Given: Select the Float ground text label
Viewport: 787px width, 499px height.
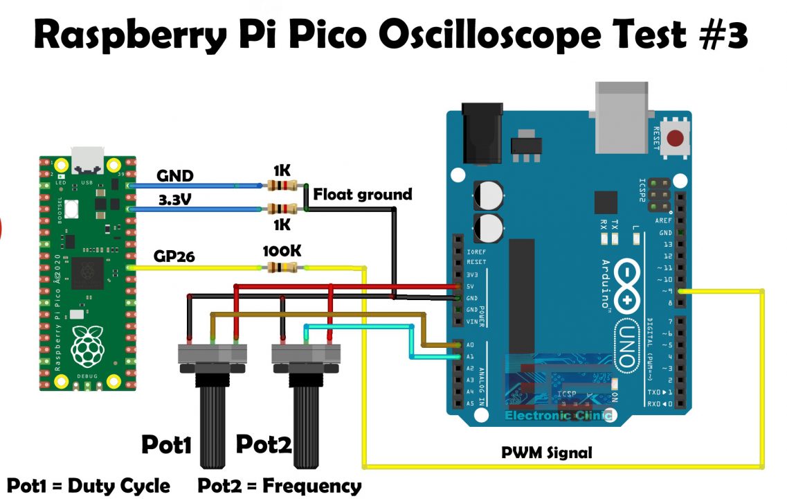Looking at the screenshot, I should pyautogui.click(x=362, y=195).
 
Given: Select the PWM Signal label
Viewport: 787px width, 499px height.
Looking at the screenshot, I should pyautogui.click(x=547, y=453).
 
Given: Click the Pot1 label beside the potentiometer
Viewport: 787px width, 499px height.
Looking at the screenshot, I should pyautogui.click(x=166, y=444).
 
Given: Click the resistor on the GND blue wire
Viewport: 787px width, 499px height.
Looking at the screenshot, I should pyautogui.click(x=281, y=185).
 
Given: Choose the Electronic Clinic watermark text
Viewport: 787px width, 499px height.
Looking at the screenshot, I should pyautogui.click(x=558, y=416).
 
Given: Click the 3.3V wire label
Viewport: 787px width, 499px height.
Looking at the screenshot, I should pyautogui.click(x=175, y=201).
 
